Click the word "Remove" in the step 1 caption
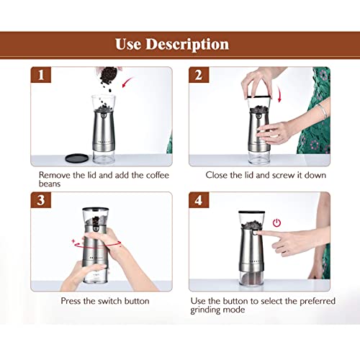click(x=58, y=175)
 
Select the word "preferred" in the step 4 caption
click(x=294, y=300)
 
